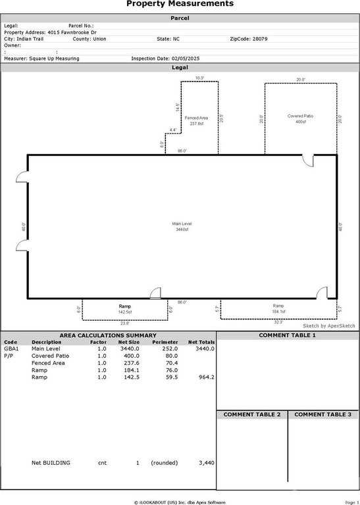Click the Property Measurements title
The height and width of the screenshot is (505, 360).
click(x=180, y=4)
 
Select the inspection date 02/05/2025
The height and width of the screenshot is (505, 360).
click(x=177, y=59)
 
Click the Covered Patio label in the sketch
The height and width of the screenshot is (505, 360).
click(x=300, y=119)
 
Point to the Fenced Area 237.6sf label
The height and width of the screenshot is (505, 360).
click(x=195, y=120)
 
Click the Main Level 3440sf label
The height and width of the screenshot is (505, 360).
click(x=182, y=227)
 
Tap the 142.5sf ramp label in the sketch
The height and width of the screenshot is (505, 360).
click(x=124, y=310)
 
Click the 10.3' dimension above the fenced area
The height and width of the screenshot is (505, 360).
click(x=199, y=78)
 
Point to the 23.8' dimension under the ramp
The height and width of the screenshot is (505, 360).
click(x=124, y=324)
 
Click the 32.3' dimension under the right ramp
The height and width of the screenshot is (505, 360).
click(x=278, y=322)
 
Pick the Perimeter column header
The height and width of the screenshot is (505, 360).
click(x=165, y=342)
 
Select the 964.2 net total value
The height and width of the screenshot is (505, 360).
click(x=205, y=377)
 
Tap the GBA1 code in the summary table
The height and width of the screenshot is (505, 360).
click(x=12, y=349)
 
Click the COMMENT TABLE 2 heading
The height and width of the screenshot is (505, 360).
click(x=252, y=415)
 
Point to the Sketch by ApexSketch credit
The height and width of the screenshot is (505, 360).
click(x=328, y=326)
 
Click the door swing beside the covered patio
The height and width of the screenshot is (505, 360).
click(x=308, y=160)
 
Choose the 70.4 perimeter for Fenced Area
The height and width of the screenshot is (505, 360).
click(x=170, y=363)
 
